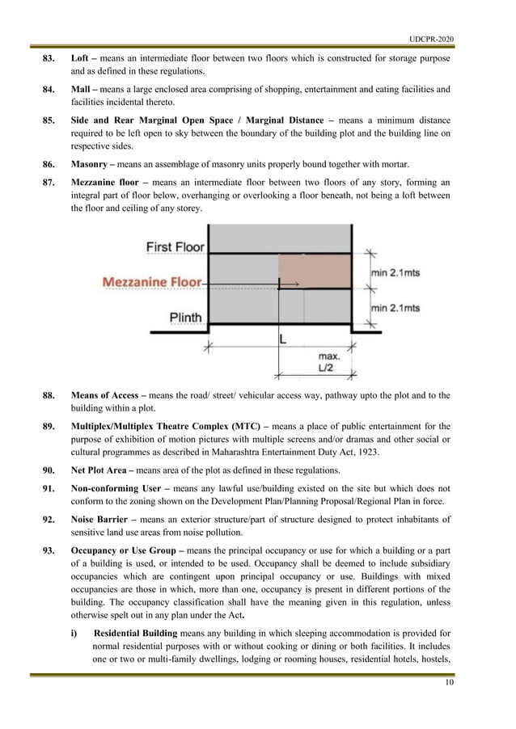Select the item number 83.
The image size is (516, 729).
click(49, 60)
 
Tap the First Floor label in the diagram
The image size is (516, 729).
click(176, 246)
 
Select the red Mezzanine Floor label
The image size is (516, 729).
click(152, 282)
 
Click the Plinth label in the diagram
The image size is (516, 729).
click(185, 318)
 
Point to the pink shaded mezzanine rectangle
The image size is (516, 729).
click(315, 270)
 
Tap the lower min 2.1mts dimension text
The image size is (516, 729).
click(395, 309)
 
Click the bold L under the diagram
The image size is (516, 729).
click(281, 340)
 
